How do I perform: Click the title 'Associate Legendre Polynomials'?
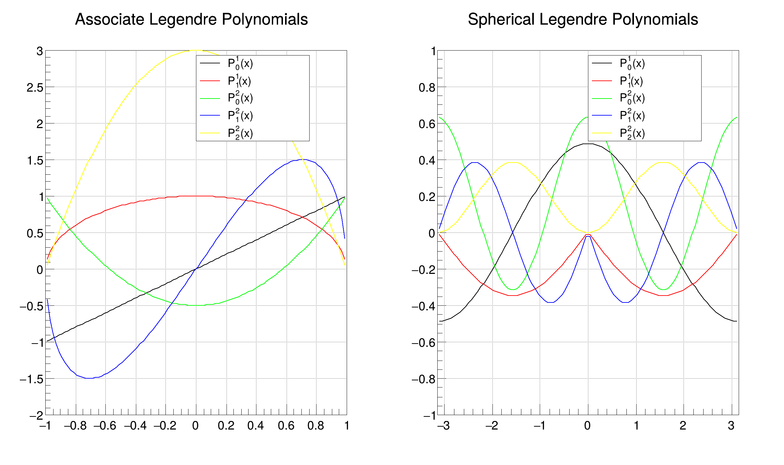[x=191, y=19]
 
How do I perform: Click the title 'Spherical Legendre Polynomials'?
[x=583, y=19]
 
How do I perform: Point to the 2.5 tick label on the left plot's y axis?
[x=35, y=88]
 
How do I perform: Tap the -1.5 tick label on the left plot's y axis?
[x=32, y=379]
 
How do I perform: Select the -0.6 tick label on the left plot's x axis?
[x=105, y=426]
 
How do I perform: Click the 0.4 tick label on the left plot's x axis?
[x=255, y=426]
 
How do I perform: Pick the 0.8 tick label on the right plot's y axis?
[x=427, y=88]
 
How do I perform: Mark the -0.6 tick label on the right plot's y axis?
[x=424, y=343]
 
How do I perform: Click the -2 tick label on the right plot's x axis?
[x=492, y=426]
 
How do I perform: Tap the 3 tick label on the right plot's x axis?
[x=731, y=426]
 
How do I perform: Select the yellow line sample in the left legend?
[x=210, y=133]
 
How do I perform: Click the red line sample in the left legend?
[x=210, y=80]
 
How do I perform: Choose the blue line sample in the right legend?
[x=602, y=116]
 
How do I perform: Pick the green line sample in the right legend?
[x=602, y=98]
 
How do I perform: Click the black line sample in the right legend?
[x=602, y=63]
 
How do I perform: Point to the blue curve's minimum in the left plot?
[x=89, y=378]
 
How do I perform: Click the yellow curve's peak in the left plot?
[x=196, y=50]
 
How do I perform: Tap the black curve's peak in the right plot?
[x=588, y=144]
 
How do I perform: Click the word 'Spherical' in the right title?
[x=501, y=19]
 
